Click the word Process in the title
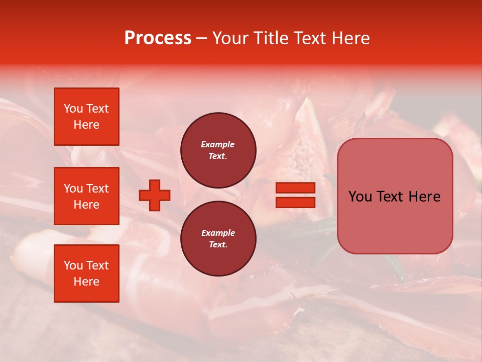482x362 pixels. click(x=158, y=38)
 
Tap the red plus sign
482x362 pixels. click(x=155, y=195)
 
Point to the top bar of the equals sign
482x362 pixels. click(x=295, y=188)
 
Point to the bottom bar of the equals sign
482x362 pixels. click(x=295, y=203)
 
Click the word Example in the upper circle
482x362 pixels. click(x=217, y=144)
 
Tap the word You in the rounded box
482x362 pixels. click(x=360, y=197)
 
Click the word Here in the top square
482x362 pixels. click(x=86, y=125)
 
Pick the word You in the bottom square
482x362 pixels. click(x=73, y=265)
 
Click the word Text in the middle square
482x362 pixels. click(x=97, y=189)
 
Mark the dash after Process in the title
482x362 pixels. click(x=201, y=38)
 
